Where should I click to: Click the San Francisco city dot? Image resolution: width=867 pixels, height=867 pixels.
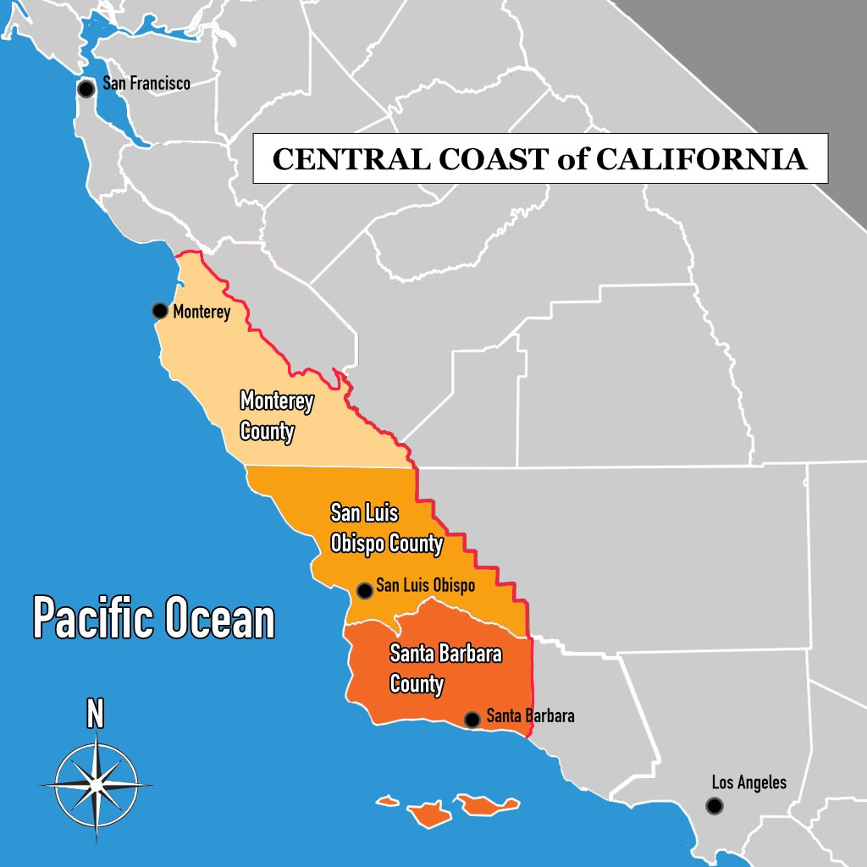[x=86, y=89]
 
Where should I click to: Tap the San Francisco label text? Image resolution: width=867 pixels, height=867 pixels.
[x=146, y=83]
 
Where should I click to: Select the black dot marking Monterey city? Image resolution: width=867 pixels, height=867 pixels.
[x=159, y=311]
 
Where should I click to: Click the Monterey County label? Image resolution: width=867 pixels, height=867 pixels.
[x=276, y=416]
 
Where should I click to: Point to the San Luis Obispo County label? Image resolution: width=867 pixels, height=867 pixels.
[x=386, y=527]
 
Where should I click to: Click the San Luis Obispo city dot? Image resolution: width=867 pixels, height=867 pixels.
[x=364, y=590]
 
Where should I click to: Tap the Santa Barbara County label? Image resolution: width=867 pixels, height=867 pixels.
[x=445, y=668]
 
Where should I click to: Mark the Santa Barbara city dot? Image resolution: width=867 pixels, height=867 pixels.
[x=472, y=720]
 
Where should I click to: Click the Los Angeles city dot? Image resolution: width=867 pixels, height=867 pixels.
[x=715, y=806]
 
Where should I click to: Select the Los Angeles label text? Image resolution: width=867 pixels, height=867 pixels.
[x=748, y=782]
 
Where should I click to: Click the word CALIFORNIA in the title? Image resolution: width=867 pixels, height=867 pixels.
[x=702, y=159]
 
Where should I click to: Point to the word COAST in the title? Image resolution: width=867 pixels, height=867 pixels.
[x=481, y=159]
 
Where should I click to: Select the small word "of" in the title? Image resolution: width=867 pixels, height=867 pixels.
[x=573, y=159]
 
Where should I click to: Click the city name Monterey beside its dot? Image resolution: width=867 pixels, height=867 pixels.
[x=202, y=312]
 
